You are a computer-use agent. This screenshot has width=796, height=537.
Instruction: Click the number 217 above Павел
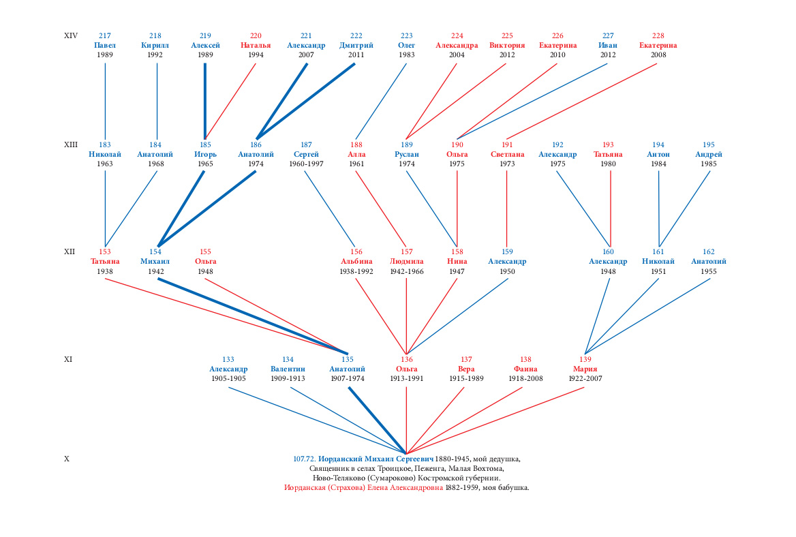pos(104,35)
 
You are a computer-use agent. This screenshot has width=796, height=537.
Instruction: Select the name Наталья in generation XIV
pos(256,45)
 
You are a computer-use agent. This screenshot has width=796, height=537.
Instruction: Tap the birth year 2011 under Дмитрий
pos(356,55)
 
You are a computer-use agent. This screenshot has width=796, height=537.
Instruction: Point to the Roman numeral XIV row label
pos(71,35)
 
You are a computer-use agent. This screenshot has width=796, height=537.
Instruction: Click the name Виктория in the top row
pos(506,45)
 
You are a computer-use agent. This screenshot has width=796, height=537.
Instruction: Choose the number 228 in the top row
pos(658,35)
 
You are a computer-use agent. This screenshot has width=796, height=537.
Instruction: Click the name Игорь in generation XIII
pos(205,154)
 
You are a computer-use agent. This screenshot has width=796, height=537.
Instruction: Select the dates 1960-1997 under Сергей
pos(306,164)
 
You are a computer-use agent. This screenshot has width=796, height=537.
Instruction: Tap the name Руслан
pos(406,154)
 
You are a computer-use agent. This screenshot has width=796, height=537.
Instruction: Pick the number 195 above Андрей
pos(708,144)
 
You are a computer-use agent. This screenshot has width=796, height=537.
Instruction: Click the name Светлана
pos(506,154)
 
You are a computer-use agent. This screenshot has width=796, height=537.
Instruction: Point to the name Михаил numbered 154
pos(155,262)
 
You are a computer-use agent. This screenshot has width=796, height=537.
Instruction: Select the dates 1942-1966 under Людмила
pos(406,271)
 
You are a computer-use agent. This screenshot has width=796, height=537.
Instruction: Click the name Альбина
pos(356,262)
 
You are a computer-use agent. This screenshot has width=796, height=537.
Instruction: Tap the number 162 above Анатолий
pos(708,251)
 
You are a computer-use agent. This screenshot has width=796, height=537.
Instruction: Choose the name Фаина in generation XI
pos(525,369)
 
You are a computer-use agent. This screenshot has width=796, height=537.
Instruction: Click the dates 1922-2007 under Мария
pos(585,379)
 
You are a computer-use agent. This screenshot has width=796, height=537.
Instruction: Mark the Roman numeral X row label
pos(67,459)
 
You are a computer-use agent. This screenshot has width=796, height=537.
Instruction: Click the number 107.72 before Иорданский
pos(305,459)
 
